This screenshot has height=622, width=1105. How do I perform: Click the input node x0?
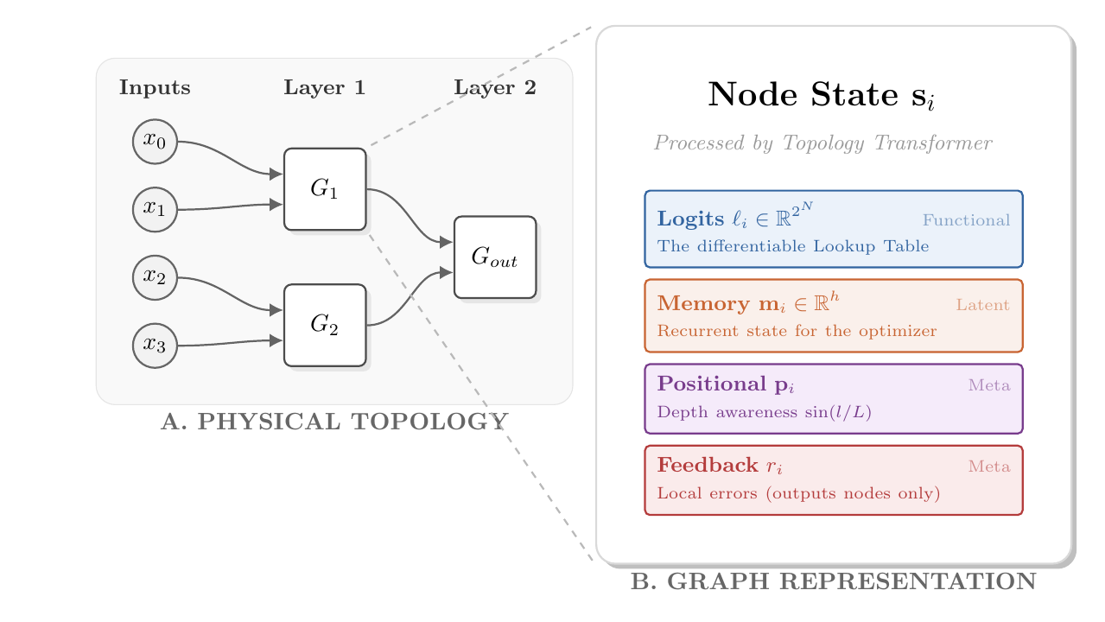pos(155,142)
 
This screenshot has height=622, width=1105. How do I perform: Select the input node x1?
pos(155,210)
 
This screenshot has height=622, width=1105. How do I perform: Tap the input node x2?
pos(155,277)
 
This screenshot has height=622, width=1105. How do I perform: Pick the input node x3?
pos(155,346)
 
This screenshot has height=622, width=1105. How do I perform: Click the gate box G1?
pos(325,189)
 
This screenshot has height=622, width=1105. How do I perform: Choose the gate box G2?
pos(325,326)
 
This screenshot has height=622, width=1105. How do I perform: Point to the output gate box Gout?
pos(495,257)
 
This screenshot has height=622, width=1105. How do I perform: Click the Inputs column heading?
pos(155,88)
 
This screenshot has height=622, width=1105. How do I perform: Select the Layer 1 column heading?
pos(325,88)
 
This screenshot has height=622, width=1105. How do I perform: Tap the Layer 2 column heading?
pos(495,88)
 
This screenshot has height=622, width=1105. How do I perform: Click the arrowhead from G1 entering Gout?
pos(446,242)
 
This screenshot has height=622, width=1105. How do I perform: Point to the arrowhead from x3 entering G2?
pos(276,340)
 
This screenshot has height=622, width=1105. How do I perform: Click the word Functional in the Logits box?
pos(967,220)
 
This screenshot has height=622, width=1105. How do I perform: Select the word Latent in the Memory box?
pos(982,305)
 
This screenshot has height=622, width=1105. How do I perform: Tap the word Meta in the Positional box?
pos(989,385)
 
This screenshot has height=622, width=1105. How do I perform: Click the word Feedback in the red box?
pos(708,465)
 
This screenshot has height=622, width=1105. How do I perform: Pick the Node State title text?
pos(822,95)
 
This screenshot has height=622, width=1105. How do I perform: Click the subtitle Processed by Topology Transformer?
pos(823,143)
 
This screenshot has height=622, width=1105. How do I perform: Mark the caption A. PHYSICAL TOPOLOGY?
pos(334,422)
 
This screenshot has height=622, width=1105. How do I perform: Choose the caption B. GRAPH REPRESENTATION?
pos(834,581)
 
